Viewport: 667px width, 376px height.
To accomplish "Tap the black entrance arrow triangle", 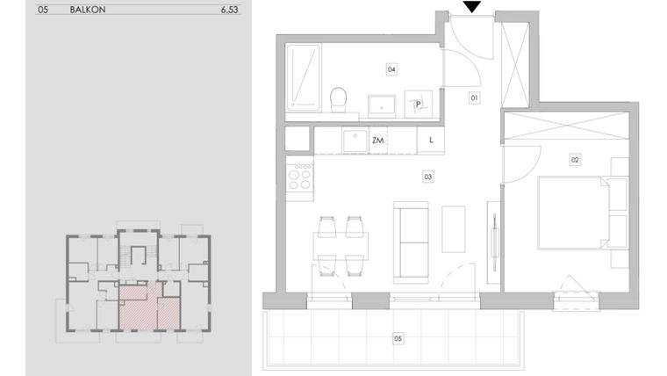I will [x=472, y=8].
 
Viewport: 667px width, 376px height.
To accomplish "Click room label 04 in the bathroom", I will [x=391, y=69].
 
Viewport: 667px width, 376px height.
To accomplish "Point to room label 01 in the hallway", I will [x=474, y=98].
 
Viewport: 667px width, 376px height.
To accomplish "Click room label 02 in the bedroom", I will [x=575, y=160].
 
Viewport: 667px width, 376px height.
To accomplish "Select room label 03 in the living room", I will [x=427, y=177].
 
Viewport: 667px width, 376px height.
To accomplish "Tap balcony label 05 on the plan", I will [x=398, y=336].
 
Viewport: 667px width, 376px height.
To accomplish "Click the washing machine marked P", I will [x=419, y=105].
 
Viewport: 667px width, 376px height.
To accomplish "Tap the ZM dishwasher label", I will [x=378, y=141].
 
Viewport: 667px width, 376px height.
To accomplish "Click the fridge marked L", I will [x=431, y=141].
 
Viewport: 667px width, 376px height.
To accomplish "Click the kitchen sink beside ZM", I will [x=354, y=141].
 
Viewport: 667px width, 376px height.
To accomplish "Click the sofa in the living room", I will [x=412, y=242].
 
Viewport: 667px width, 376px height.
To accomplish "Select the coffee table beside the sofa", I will [x=455, y=228].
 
